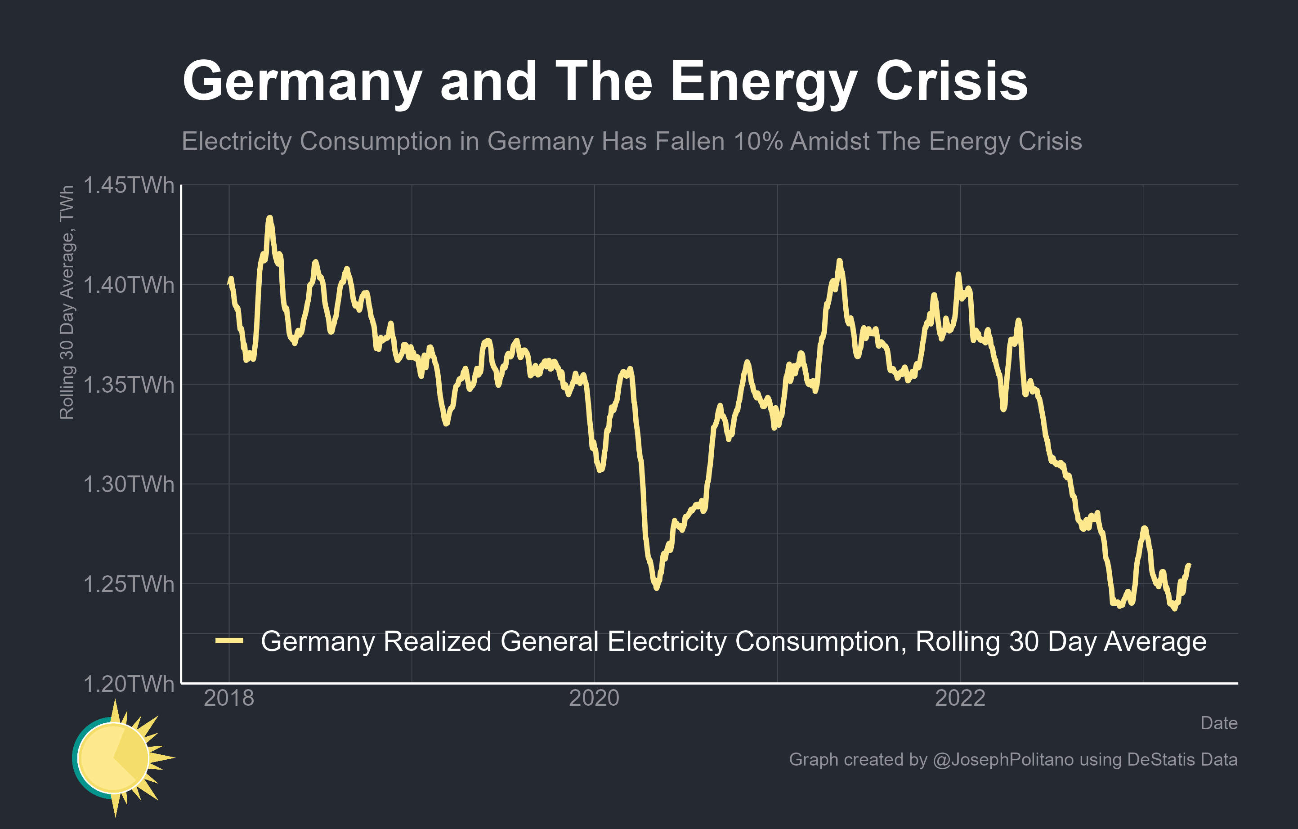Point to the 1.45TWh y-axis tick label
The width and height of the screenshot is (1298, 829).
[x=129, y=185]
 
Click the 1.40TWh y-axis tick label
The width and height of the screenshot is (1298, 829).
[x=129, y=285]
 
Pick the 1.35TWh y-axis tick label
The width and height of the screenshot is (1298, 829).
[x=129, y=385]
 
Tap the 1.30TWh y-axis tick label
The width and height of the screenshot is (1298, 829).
[x=129, y=484]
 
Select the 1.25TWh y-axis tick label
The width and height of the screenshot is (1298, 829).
[x=129, y=584]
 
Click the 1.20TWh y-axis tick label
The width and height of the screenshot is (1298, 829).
[x=129, y=684]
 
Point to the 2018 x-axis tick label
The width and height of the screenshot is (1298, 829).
[x=229, y=699]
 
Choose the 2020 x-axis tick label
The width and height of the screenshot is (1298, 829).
[x=594, y=699]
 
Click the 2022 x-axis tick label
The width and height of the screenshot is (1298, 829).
[x=960, y=699]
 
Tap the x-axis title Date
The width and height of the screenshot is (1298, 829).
[x=1219, y=723]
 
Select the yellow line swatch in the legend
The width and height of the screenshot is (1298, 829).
[x=229, y=641]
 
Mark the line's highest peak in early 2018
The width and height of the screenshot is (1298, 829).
[x=269, y=218]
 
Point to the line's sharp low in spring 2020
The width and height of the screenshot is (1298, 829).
[x=656, y=588]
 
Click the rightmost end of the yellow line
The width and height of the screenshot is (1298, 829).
[x=1189, y=565]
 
